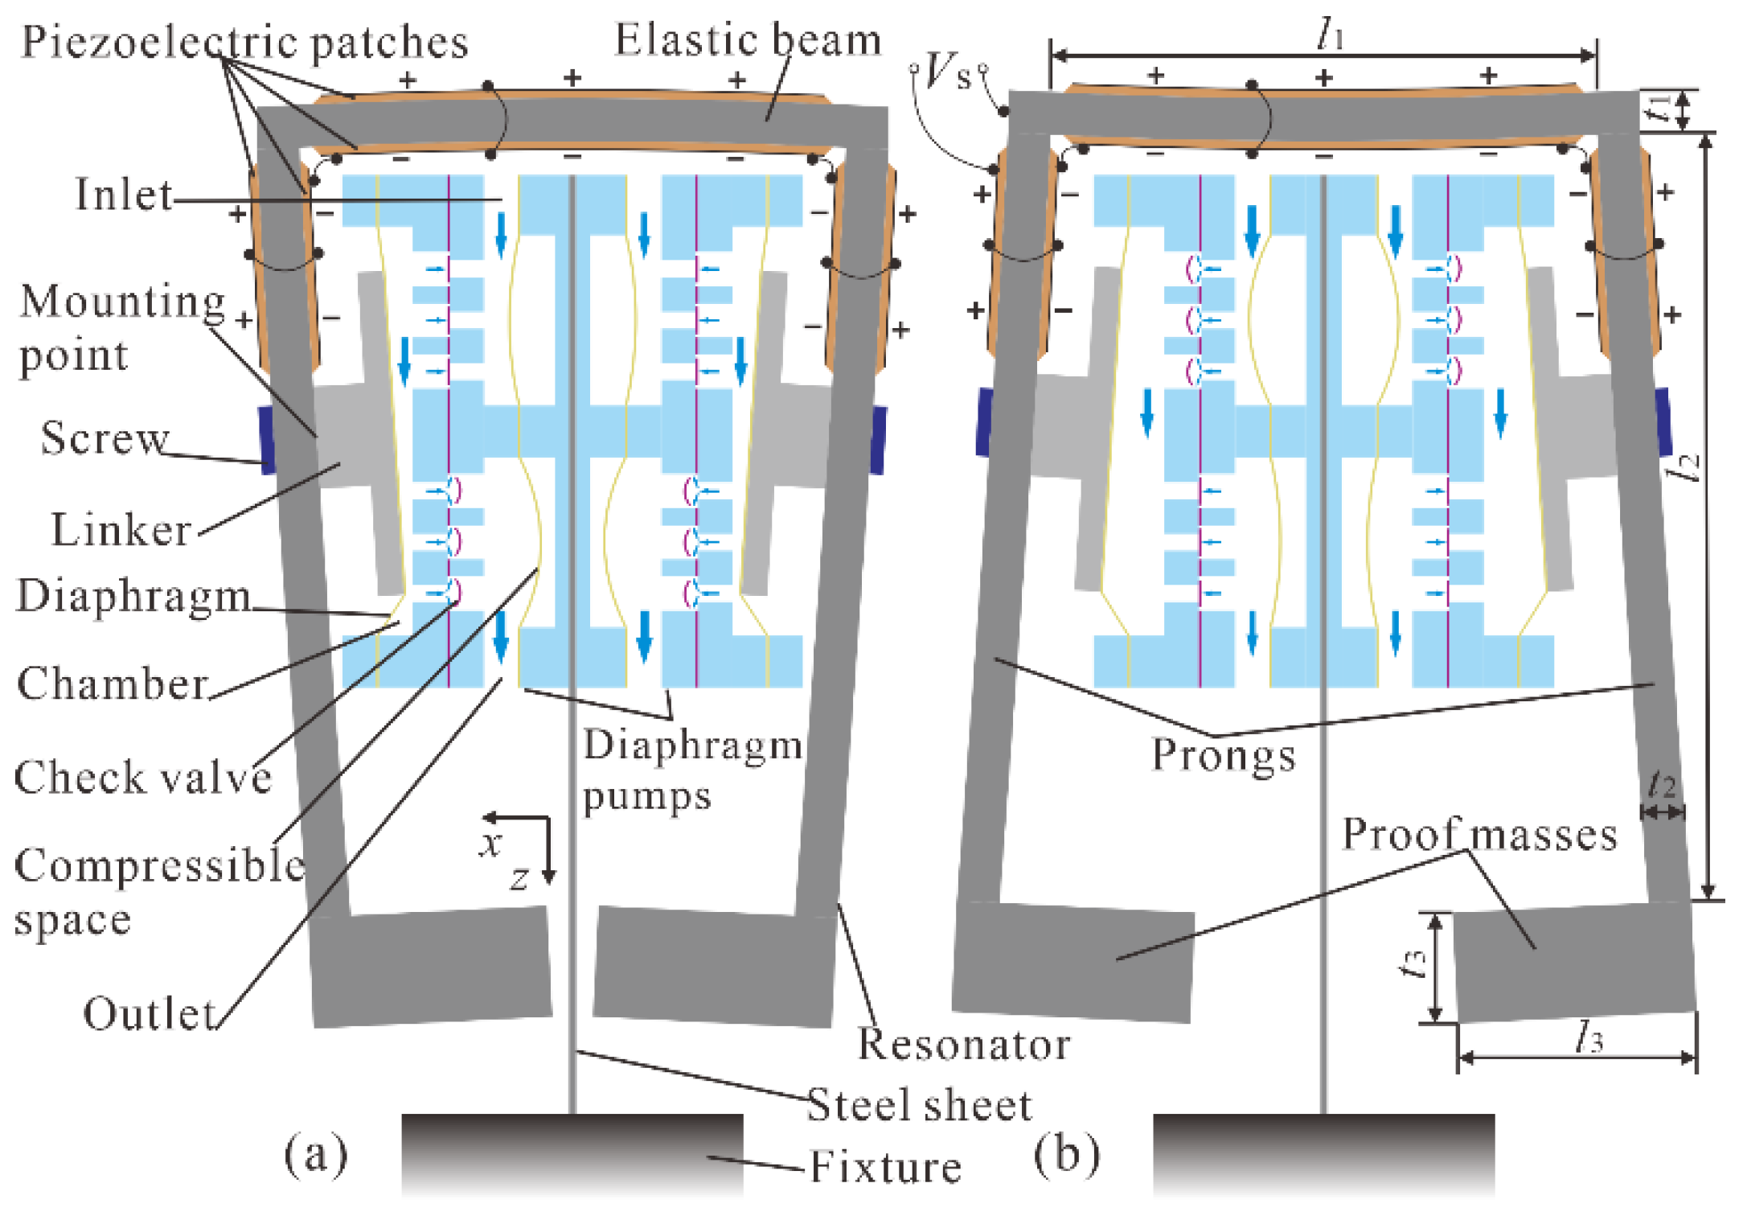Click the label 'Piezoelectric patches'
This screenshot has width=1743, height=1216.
244,42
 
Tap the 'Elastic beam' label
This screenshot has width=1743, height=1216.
748,39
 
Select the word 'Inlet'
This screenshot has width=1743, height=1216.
124,194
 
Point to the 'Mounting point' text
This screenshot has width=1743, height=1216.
122,328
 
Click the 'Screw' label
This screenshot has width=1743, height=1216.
105,438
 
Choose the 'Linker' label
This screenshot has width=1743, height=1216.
121,529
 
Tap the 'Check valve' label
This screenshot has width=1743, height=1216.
143,777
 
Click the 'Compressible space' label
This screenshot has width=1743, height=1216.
159,891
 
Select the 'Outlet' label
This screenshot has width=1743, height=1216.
150,1013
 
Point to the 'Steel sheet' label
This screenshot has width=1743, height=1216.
919,1104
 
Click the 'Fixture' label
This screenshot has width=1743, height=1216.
885,1166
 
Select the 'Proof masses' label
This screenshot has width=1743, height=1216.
1479,834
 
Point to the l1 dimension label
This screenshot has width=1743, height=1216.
1331,35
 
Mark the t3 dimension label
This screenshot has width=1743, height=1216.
1414,962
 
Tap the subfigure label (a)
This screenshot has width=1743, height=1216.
316,1155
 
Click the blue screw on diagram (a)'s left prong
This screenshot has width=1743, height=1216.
267,440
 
